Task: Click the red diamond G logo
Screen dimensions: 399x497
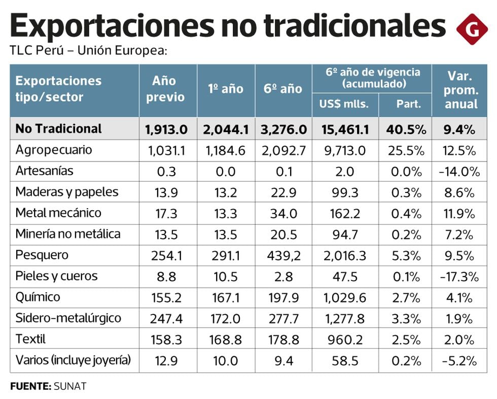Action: pyautogui.click(x=472, y=28)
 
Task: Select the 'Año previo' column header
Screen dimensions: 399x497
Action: pyautogui.click(x=166, y=89)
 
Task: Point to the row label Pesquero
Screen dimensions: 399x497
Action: pyautogui.click(x=42, y=255)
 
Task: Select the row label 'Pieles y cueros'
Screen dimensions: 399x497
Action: pyautogui.click(x=56, y=276)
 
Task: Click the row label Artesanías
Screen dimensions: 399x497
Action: pyautogui.click(x=45, y=171)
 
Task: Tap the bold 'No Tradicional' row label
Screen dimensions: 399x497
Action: pyautogui.click(x=58, y=129)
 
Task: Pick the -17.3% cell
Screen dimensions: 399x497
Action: pyautogui.click(x=459, y=276)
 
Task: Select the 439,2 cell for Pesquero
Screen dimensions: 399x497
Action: pyautogui.click(x=285, y=255)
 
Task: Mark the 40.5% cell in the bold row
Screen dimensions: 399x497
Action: pyautogui.click(x=405, y=129)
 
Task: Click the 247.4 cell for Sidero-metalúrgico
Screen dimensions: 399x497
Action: pyautogui.click(x=166, y=318)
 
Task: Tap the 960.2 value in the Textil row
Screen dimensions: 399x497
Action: pyautogui.click(x=344, y=339)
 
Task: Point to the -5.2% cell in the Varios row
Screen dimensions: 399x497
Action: pyautogui.click(x=459, y=361)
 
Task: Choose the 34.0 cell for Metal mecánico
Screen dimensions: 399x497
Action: pyautogui.click(x=285, y=213)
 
